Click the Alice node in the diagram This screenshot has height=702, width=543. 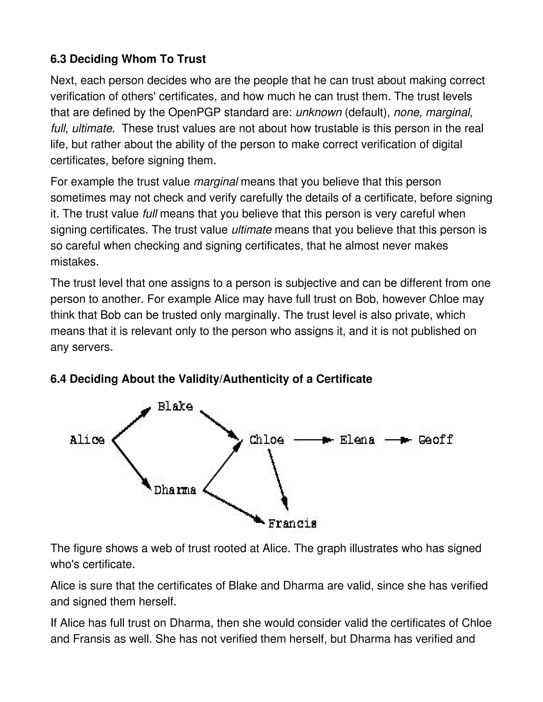pyautogui.click(x=87, y=440)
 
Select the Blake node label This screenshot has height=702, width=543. pyautogui.click(x=175, y=407)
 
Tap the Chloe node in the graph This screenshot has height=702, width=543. pyautogui.click(x=267, y=440)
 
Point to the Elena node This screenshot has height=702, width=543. pyautogui.click(x=357, y=440)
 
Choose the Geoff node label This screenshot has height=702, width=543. pyautogui.click(x=436, y=440)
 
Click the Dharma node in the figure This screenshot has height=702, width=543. pyautogui.click(x=175, y=490)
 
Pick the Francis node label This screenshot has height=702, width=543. pyautogui.click(x=292, y=524)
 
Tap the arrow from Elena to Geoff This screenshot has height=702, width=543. pyautogui.click(x=398, y=440)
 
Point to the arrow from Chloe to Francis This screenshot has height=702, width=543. pyautogui.click(x=278, y=479)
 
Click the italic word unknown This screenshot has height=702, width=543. pyautogui.click(x=318, y=113)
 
